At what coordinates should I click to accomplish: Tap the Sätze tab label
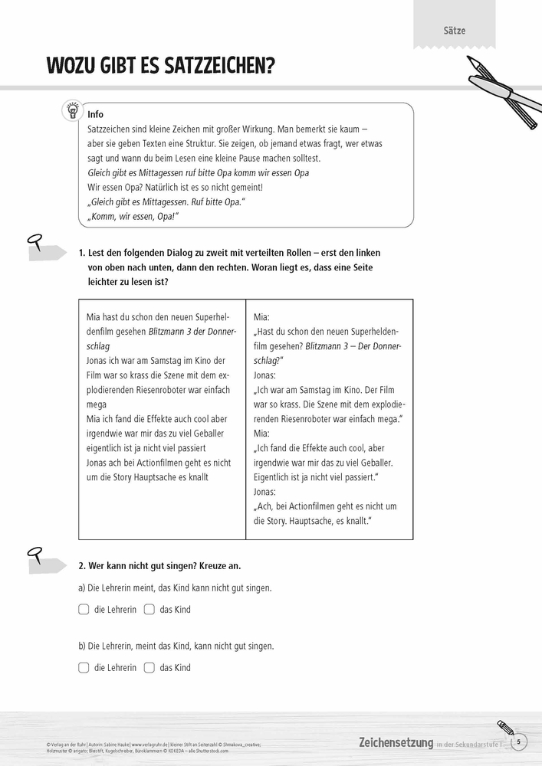(454, 31)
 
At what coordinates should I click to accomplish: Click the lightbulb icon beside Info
(72, 110)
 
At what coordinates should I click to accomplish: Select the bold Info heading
(96, 114)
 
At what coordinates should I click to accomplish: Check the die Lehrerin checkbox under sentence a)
(84, 610)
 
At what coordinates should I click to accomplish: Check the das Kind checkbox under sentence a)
(149, 610)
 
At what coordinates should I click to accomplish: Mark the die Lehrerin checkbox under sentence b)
(84, 667)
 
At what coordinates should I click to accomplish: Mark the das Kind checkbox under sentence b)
(149, 667)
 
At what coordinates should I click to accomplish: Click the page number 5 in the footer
(518, 741)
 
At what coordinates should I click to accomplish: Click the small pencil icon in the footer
(504, 725)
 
